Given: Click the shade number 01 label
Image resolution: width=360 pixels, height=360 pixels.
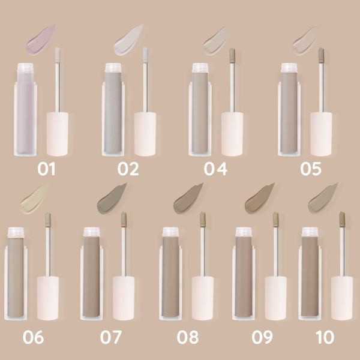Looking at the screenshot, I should pyautogui.click(x=46, y=169).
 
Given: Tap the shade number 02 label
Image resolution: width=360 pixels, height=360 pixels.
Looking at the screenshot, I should pyautogui.click(x=128, y=169).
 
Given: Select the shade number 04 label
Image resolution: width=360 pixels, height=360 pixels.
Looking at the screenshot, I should pyautogui.click(x=215, y=169).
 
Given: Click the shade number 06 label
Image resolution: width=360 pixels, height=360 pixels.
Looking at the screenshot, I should pyautogui.click(x=33, y=337).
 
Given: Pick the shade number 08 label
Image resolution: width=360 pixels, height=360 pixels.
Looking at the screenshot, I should pyautogui.click(x=187, y=337).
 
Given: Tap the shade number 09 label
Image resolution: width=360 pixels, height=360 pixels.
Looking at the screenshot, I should pyautogui.click(x=262, y=337).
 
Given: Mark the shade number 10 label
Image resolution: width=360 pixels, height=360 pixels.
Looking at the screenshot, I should pyautogui.click(x=325, y=337).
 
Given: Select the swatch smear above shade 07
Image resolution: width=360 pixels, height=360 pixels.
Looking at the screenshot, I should pyautogui.click(x=112, y=199).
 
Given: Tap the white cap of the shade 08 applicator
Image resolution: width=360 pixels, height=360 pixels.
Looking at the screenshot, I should pyautogui.click(x=202, y=297).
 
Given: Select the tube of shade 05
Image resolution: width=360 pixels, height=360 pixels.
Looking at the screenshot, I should pyautogui.click(x=289, y=111).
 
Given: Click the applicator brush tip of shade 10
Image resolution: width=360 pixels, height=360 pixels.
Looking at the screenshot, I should pyautogui.click(x=342, y=220).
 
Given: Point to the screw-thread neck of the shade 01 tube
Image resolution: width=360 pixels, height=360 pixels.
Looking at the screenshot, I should pyautogui.click(x=25, y=68).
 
